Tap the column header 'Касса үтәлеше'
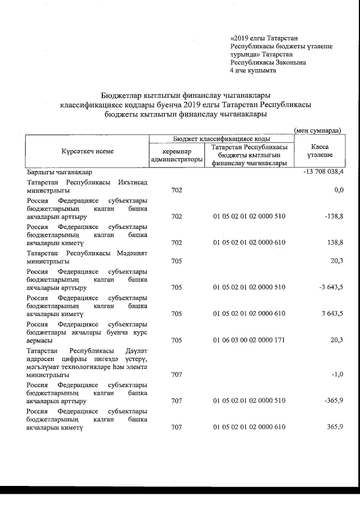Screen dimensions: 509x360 (x=319, y=151)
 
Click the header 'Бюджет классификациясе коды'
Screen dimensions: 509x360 (x=221, y=138)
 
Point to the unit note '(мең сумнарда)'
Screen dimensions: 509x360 (x=318, y=130)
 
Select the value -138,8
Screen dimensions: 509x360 (x=332, y=216)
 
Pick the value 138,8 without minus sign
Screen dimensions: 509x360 (x=333, y=242)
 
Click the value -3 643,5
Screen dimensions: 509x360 (x=329, y=287)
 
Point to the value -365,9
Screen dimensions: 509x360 (x=332, y=401)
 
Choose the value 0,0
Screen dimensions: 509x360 (x=337, y=190)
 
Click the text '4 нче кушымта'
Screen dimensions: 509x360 (x=253, y=71)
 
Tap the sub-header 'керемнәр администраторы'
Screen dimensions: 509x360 (x=176, y=156)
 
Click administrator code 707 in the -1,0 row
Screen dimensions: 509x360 (x=176, y=374)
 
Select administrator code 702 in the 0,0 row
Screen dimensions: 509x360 (x=176, y=190)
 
